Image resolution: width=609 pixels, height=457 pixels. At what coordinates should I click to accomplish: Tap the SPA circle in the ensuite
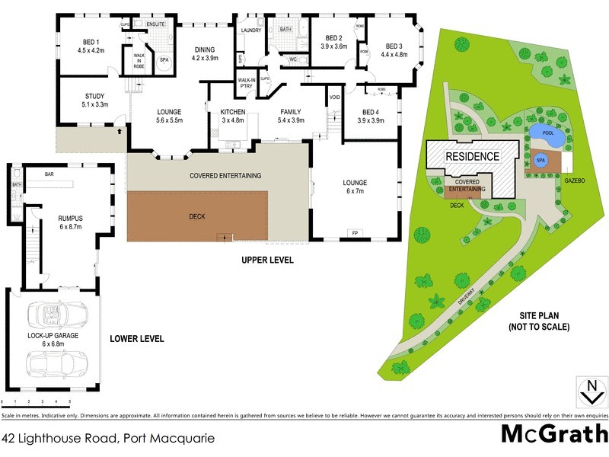pos(164,59)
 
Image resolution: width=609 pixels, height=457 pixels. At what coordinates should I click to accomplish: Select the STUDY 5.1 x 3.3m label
pos(95,101)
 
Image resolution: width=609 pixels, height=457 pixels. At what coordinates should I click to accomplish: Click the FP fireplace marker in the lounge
pos(354,232)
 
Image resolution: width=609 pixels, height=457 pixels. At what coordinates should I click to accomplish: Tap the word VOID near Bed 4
pos(334,97)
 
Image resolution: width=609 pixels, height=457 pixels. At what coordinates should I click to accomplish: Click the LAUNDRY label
pos(251,30)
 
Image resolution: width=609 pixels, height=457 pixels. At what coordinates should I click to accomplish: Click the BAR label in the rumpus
pos(49,174)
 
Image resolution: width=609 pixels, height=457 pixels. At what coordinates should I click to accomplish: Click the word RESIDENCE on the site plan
pos(472,157)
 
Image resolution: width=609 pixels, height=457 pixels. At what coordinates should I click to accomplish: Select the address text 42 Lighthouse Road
pos(108,438)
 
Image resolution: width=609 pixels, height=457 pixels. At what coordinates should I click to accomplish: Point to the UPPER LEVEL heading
pos(267,260)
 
